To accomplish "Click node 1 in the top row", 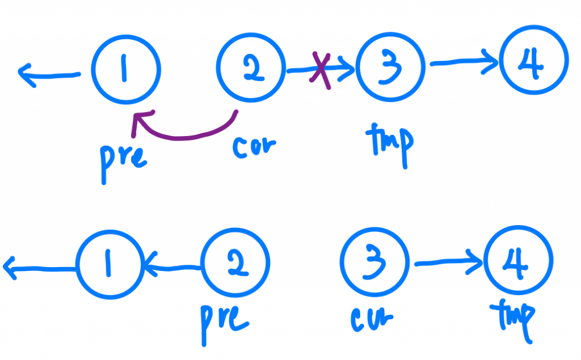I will (x=127, y=70).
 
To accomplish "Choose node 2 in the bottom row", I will (x=235, y=264).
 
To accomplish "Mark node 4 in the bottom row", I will (x=518, y=262).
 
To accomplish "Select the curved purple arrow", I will (x=182, y=132).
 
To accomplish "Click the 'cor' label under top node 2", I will (x=254, y=146).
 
